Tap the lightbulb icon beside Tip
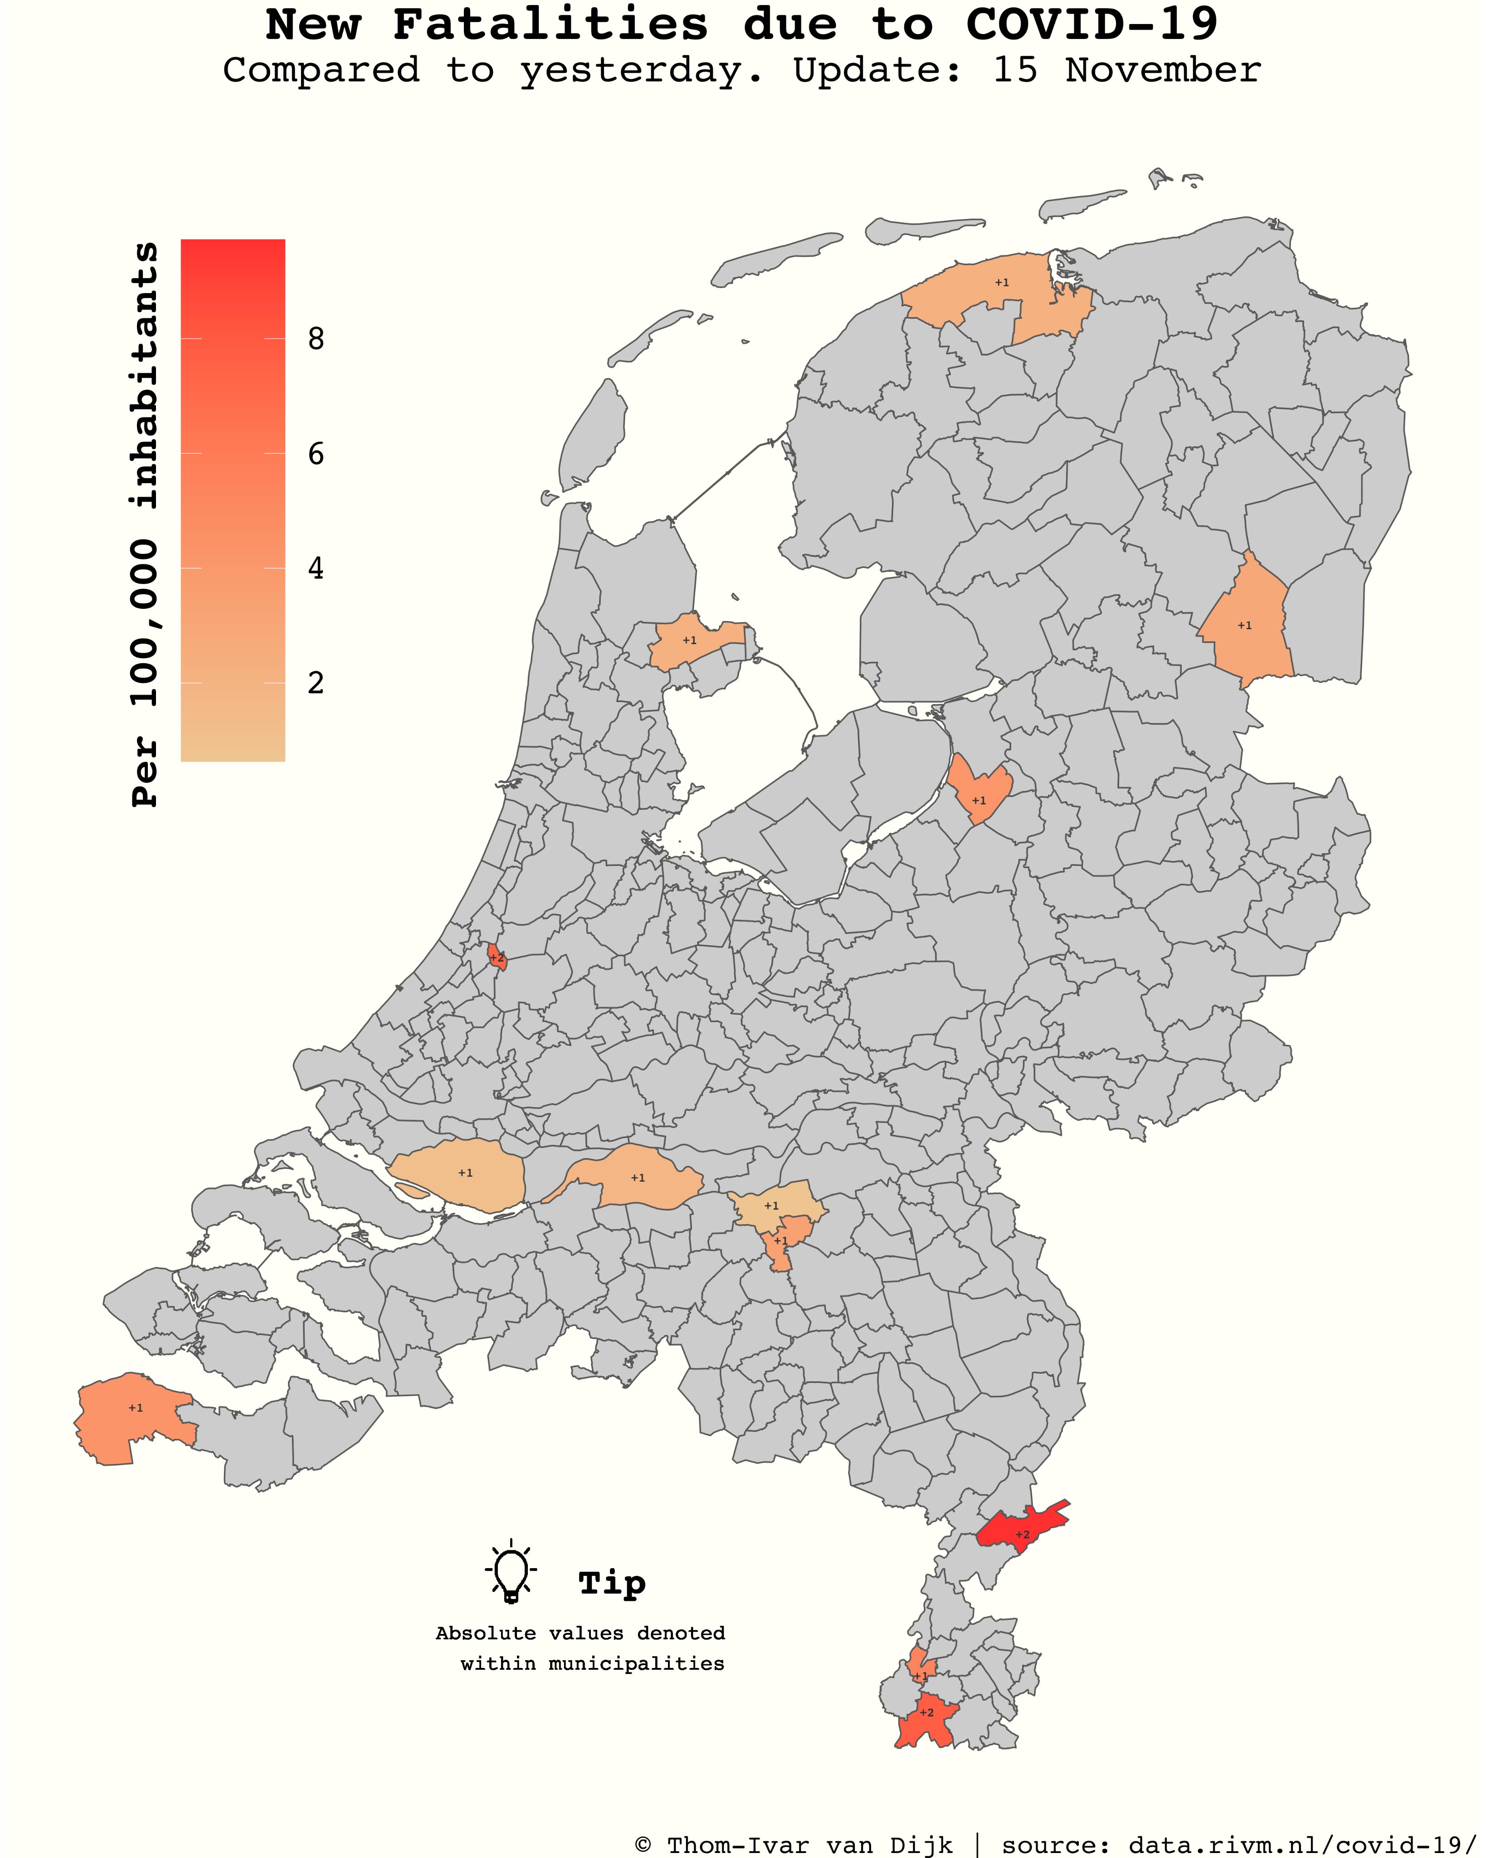coord(511,1570)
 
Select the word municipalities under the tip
coord(637,1663)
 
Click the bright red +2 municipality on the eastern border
coord(1023,1535)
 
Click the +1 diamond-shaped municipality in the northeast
coord(1245,625)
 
